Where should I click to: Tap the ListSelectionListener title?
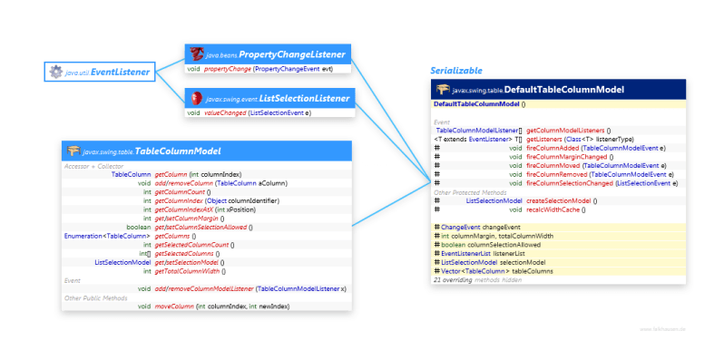click(279, 98)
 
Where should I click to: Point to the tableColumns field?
click(509, 270)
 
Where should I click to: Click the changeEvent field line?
click(481, 226)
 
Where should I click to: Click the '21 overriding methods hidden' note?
click(477, 280)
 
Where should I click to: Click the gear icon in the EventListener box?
click(56, 70)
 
